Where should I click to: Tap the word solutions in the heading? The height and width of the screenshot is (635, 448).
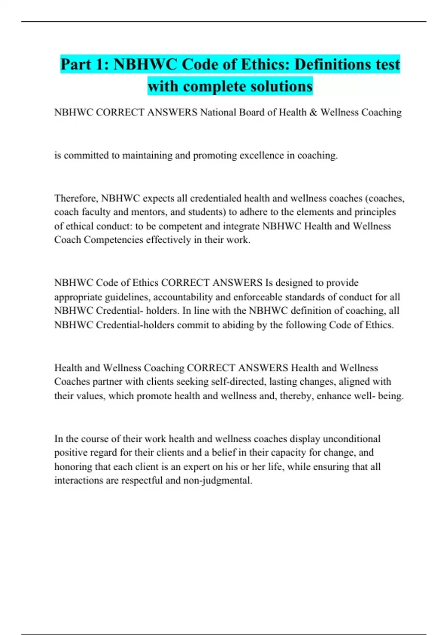(x=281, y=86)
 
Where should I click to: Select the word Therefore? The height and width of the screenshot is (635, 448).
(x=76, y=198)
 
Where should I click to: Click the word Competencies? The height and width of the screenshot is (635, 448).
(x=113, y=240)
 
